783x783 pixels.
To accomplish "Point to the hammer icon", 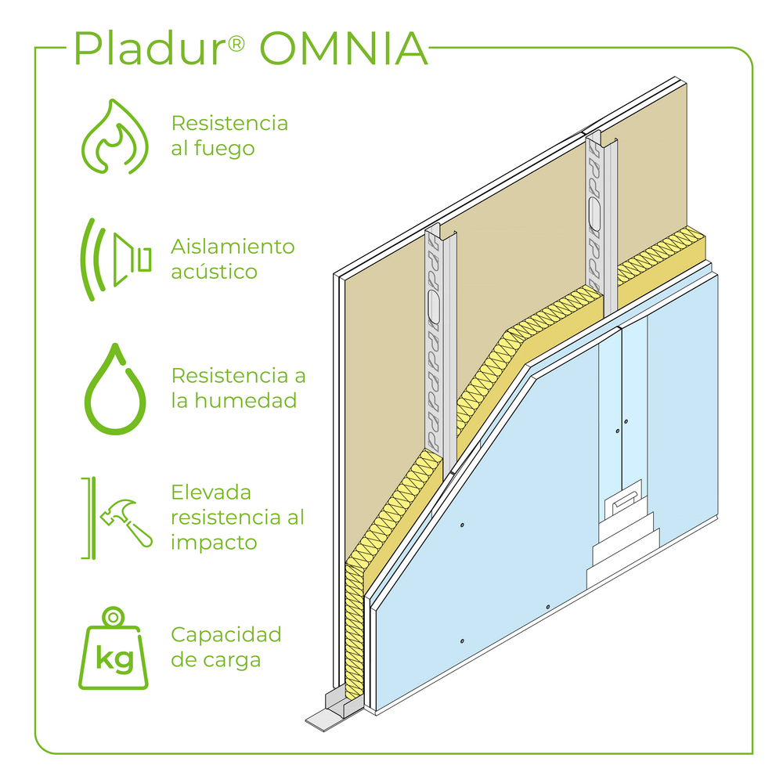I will click(x=125, y=518).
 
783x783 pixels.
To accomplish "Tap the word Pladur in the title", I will click(x=149, y=49).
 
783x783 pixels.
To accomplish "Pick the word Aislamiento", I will click(x=233, y=247).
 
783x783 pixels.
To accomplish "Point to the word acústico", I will click(x=214, y=272).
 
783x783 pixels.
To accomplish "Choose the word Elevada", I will click(x=211, y=493).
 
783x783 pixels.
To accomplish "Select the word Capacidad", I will click(x=226, y=634).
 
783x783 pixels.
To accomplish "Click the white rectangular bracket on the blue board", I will click(x=625, y=500).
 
